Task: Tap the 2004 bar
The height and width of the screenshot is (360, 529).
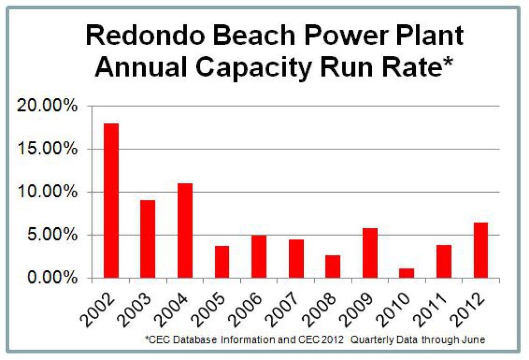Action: tap(185, 230)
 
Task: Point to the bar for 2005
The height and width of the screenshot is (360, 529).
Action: tap(222, 261)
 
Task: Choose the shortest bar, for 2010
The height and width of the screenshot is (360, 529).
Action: tap(407, 273)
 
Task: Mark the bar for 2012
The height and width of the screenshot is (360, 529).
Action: tap(480, 250)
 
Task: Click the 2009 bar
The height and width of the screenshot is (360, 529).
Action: tap(370, 253)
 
